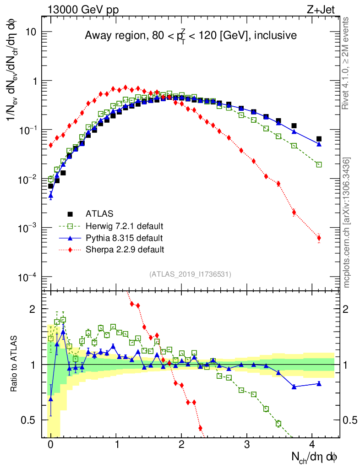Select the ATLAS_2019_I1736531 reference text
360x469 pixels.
(x=190, y=274)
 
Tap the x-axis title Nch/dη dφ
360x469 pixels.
(x=315, y=456)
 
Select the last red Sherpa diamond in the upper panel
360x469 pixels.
(x=319, y=238)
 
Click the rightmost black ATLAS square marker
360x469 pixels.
(x=319, y=139)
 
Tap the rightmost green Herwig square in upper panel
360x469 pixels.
(x=319, y=164)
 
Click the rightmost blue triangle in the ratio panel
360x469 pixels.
(x=319, y=383)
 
